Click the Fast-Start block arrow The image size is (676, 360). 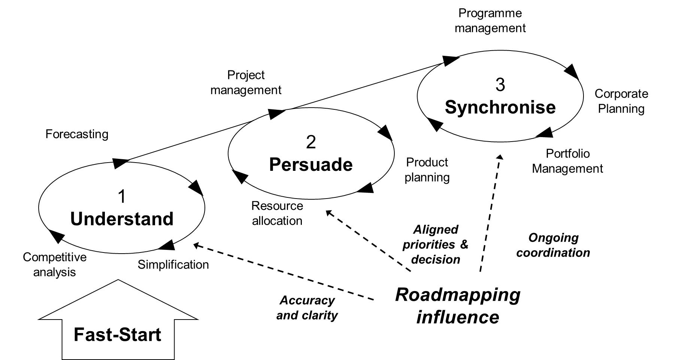[118, 326]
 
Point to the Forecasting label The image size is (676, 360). [77, 134]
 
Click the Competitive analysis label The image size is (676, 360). [55, 264]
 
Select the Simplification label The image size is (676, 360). [173, 264]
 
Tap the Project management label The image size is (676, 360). [246, 82]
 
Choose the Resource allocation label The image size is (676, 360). [277, 213]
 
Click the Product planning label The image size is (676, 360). [427, 170]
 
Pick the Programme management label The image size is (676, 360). [490, 21]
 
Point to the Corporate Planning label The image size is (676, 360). [621, 101]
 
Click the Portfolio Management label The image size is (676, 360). [567, 161]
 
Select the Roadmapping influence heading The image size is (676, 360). [458, 306]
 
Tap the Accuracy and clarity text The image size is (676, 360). [307, 308]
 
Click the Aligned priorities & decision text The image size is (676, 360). [436, 244]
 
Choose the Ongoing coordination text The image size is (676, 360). [553, 245]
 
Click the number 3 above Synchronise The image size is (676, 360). [500, 85]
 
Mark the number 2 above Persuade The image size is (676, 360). [311, 142]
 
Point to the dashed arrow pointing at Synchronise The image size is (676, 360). [490, 214]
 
